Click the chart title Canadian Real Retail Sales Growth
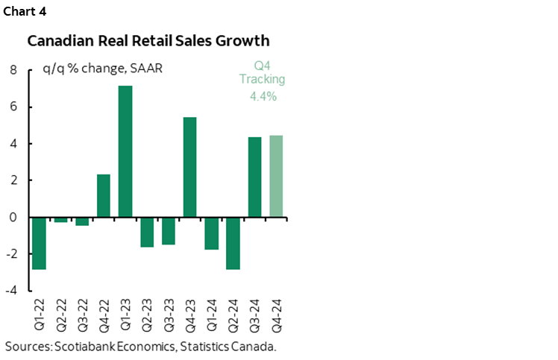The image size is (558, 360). [148, 41]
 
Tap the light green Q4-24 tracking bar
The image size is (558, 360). [276, 176]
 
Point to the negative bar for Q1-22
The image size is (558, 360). [39, 243]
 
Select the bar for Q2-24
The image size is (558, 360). [233, 243]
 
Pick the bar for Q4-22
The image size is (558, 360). [104, 195]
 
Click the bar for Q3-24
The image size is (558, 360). [254, 177]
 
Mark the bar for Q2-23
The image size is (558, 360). [147, 232]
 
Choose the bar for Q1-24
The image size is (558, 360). [211, 233]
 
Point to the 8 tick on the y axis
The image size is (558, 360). [13, 71]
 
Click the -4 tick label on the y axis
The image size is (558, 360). [11, 291]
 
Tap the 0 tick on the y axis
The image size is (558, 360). [13, 218]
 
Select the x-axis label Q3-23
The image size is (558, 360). [169, 315]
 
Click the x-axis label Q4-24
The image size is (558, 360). [277, 315]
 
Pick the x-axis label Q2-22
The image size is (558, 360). [61, 315]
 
